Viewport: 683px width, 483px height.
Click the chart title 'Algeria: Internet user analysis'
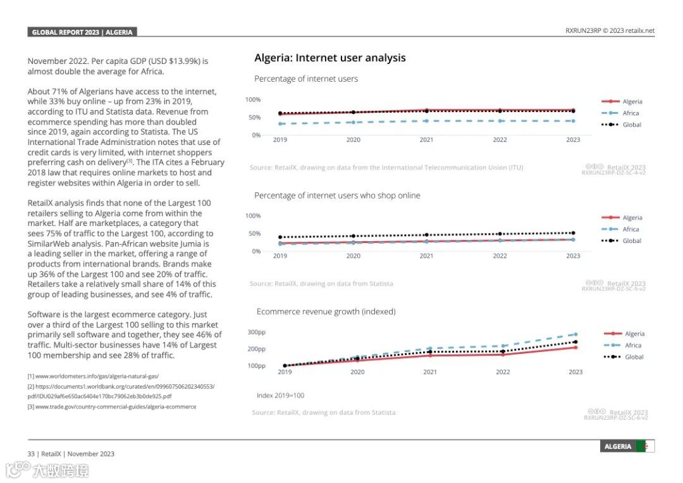pos(329,58)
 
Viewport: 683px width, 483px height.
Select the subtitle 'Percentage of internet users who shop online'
pos(337,196)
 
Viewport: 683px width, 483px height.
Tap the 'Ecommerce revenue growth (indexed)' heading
pos(326,311)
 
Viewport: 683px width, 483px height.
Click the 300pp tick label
pos(256,332)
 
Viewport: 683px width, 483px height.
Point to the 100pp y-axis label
pos(256,366)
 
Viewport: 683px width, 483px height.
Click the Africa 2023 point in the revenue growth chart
pos(575,334)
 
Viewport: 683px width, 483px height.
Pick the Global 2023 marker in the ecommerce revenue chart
pos(575,342)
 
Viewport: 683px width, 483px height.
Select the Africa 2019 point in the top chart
pos(280,124)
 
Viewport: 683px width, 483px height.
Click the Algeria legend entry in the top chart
pos(631,101)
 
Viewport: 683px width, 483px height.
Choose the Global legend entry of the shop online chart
pos(631,241)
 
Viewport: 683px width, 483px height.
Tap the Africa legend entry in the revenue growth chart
pos(632,346)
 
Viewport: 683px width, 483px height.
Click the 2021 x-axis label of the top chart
pos(426,140)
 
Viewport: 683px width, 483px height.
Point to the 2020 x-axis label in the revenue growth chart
pos(357,372)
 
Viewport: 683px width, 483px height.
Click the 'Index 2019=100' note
pos(280,396)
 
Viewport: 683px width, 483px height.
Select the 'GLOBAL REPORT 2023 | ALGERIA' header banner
pos(82,32)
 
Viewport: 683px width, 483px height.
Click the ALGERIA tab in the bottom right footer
pos(618,446)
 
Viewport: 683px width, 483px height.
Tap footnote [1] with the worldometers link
pos(92,376)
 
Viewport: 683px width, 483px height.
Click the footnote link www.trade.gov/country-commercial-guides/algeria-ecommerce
pos(111,406)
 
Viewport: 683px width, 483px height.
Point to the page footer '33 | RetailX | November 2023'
pos(71,454)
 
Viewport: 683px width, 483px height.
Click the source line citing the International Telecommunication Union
pos(386,168)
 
